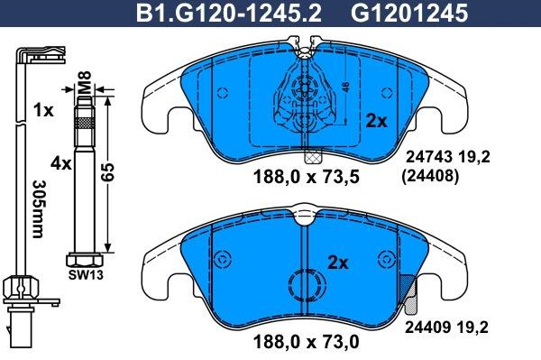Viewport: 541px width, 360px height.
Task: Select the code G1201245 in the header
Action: click(x=400, y=14)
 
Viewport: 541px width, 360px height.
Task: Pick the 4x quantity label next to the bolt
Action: click(x=61, y=164)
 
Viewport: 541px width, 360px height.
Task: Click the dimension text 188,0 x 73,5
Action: click(x=298, y=177)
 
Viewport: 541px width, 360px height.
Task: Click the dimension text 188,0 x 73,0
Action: click(x=298, y=343)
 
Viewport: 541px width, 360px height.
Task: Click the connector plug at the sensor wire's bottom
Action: click(x=19, y=320)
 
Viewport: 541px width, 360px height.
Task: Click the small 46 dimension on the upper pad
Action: click(x=346, y=87)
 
